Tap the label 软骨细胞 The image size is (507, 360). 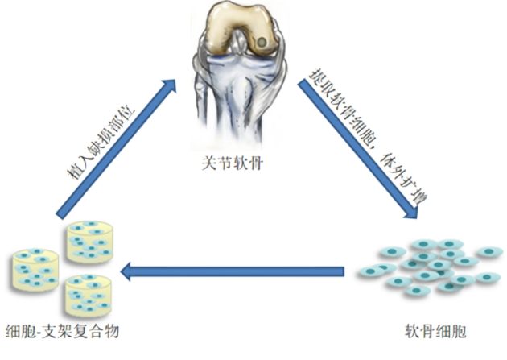point(436,331)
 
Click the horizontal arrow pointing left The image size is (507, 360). point(233,271)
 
